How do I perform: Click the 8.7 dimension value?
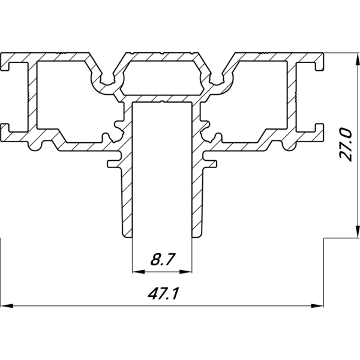[x=162, y=260]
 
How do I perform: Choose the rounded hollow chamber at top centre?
[x=162, y=76]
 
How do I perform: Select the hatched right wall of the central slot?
[x=197, y=180]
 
